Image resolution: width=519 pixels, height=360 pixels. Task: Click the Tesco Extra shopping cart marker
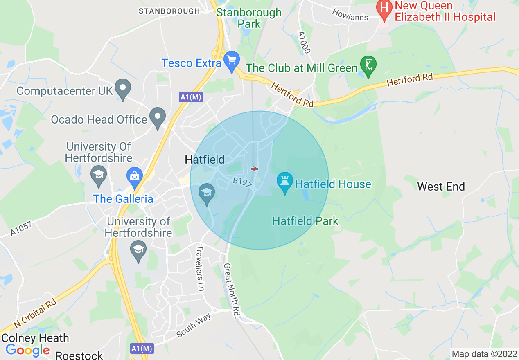pyautogui.click(x=232, y=61)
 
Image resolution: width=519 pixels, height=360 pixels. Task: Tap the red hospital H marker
pyautogui.click(x=384, y=10)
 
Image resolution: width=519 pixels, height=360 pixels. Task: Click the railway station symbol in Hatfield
pyautogui.click(x=254, y=169)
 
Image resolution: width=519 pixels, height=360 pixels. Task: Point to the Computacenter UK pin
pyautogui.click(x=122, y=88)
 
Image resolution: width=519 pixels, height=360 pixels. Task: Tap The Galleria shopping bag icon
pyautogui.click(x=134, y=176)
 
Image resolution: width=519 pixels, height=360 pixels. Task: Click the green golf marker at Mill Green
pyautogui.click(x=368, y=65)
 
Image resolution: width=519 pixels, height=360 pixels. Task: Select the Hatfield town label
pyautogui.click(x=205, y=160)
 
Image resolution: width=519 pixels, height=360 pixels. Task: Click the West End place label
pyautogui.click(x=441, y=187)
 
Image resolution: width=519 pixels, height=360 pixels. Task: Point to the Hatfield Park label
pyautogui.click(x=305, y=221)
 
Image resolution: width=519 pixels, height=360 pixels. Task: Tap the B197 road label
pyautogui.click(x=242, y=183)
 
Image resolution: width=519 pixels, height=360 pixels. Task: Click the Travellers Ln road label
pyautogui.click(x=200, y=268)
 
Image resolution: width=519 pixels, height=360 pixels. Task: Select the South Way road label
pyautogui.click(x=194, y=326)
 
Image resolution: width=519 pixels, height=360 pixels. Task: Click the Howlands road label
pyautogui.click(x=350, y=15)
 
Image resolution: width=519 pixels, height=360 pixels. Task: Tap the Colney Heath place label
pyautogui.click(x=35, y=338)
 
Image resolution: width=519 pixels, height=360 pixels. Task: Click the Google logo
pyautogui.click(x=27, y=350)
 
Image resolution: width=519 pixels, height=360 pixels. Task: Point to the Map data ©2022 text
pyautogui.click(x=483, y=354)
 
